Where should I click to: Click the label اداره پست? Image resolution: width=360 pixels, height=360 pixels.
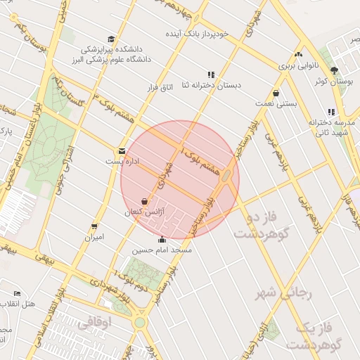coord(118,161)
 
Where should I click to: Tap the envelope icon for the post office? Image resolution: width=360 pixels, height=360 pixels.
coord(122,151)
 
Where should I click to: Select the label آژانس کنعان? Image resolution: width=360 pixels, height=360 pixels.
coord(143,212)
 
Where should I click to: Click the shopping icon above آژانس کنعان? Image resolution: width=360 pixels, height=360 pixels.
coord(144,201)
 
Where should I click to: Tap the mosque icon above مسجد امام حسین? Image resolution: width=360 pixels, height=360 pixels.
coord(163,239)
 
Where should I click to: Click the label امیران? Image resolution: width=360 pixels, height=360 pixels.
coord(94,237)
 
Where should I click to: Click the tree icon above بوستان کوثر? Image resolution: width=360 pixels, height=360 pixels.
coord(334,70)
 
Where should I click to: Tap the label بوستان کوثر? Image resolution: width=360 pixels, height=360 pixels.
coord(334,82)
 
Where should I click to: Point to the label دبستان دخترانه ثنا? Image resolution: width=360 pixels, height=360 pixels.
coord(211,85)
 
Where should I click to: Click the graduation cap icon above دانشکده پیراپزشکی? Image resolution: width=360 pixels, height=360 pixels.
coord(111,39)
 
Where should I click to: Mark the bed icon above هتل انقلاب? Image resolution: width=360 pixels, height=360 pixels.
coord(17,292)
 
